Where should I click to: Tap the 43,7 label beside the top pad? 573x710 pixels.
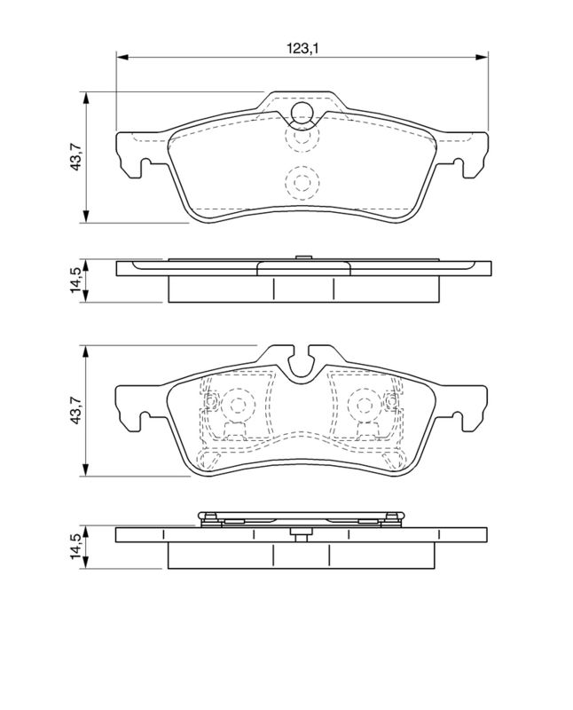pyautogui.click(x=78, y=157)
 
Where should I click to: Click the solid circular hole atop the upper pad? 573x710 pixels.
pyautogui.click(x=302, y=112)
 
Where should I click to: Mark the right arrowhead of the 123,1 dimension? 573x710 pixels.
pyautogui.click(x=483, y=58)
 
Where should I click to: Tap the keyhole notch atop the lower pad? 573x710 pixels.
pyautogui.click(x=302, y=362)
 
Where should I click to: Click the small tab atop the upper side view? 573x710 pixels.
pyautogui.click(x=302, y=257)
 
